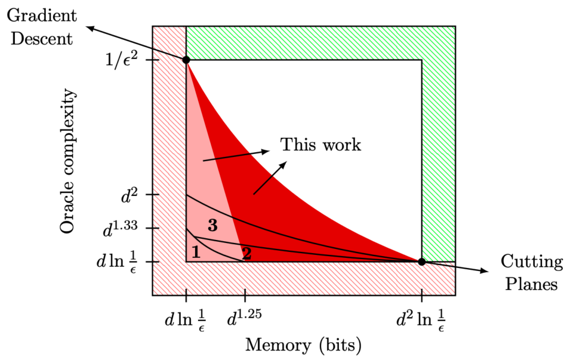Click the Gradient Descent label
point(42,27)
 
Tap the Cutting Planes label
point(532,272)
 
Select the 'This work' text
point(321,144)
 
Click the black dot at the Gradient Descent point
point(186,60)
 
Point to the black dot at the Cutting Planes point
point(422,261)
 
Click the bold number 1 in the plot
point(196,252)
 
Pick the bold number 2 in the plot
point(247,254)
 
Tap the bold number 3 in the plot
point(212,226)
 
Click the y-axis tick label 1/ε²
point(121,59)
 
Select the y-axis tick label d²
point(130,196)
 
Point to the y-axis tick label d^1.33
point(120,229)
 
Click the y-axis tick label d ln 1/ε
point(117,262)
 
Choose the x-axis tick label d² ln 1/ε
point(421,319)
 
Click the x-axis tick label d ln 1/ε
point(184,320)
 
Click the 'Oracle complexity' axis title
point(67,161)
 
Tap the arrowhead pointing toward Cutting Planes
point(484,270)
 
